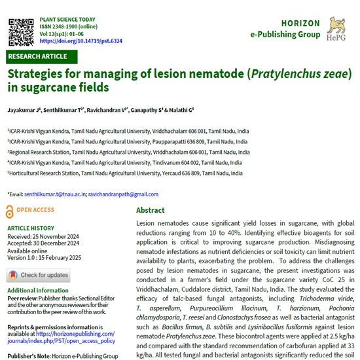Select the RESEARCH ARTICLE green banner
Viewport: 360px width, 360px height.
coord(37,56)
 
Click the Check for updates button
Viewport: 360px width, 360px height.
coord(39,275)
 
